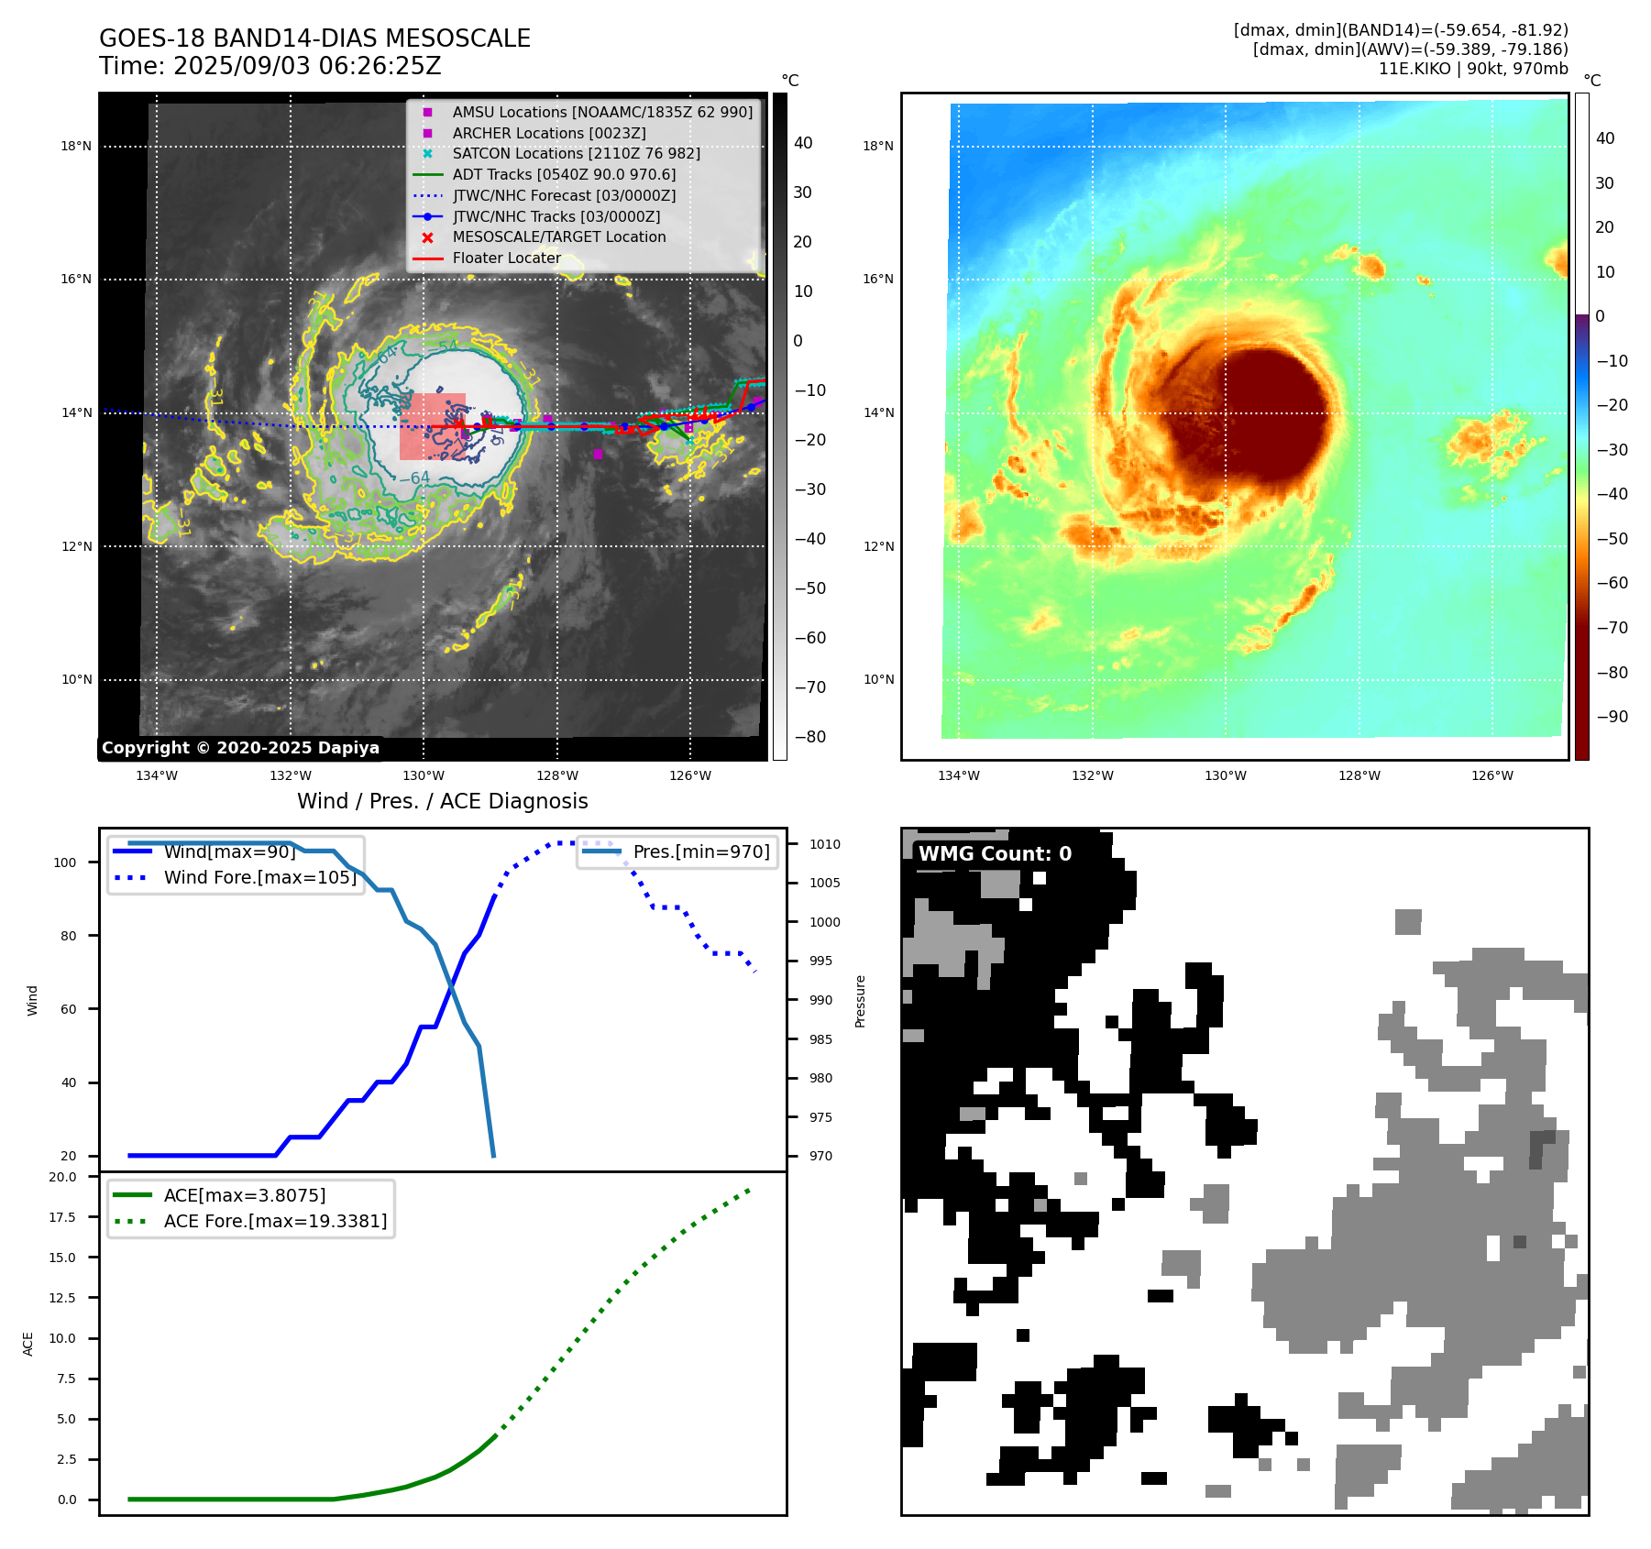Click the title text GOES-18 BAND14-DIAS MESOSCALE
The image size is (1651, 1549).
click(x=314, y=38)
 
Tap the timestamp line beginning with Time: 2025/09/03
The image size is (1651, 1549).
click(x=270, y=66)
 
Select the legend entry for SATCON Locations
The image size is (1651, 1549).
click(x=576, y=153)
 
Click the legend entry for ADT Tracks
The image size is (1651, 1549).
click(x=564, y=174)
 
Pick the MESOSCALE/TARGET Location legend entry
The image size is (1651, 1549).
click(x=558, y=236)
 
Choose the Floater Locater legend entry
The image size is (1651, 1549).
click(x=506, y=258)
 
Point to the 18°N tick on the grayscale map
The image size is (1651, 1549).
click(x=76, y=146)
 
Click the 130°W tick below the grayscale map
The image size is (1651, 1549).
click(x=424, y=775)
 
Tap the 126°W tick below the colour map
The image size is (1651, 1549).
click(x=1492, y=775)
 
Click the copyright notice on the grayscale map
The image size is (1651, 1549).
click(x=240, y=748)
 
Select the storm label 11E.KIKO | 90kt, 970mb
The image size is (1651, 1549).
click(x=1473, y=69)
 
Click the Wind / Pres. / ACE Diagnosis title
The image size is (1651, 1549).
click(x=443, y=801)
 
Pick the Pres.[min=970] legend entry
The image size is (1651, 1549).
click(x=701, y=851)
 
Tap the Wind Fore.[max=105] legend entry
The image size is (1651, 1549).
click(x=259, y=877)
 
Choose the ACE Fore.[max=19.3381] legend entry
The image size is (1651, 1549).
click(x=275, y=1221)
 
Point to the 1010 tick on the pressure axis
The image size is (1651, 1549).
click(x=824, y=844)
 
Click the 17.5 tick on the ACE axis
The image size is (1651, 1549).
click(x=62, y=1217)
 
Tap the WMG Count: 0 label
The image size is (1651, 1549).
click(x=995, y=853)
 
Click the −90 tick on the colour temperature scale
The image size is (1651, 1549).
click(x=1612, y=717)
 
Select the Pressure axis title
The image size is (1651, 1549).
click(x=860, y=1001)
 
